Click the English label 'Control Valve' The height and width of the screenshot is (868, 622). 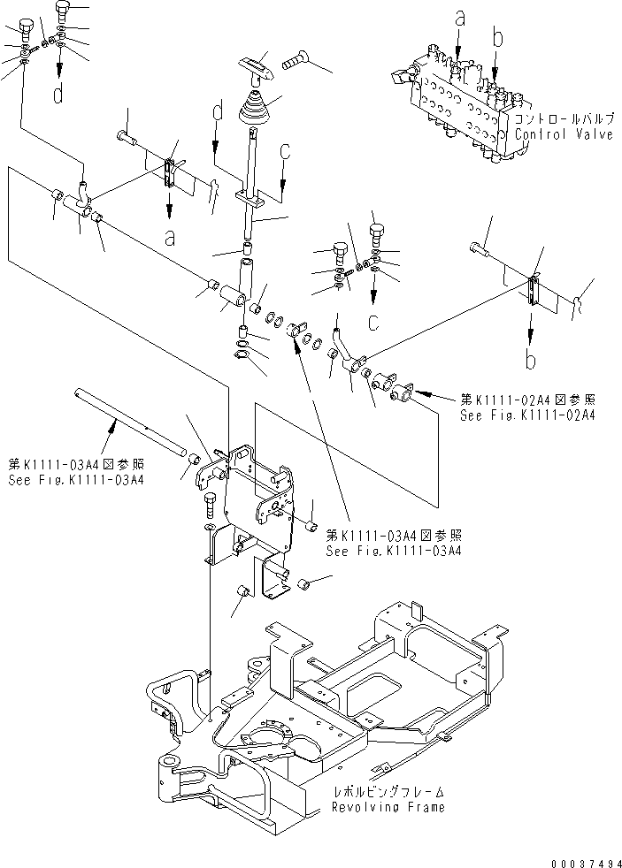click(564, 135)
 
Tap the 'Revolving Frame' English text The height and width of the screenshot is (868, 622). click(388, 807)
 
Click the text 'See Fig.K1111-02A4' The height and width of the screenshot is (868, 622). click(526, 415)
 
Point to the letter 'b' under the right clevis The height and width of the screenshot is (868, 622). click(530, 361)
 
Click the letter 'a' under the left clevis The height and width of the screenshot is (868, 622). click(169, 236)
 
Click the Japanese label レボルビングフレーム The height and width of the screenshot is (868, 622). click(388, 792)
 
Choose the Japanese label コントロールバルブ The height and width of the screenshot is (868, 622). click(564, 119)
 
